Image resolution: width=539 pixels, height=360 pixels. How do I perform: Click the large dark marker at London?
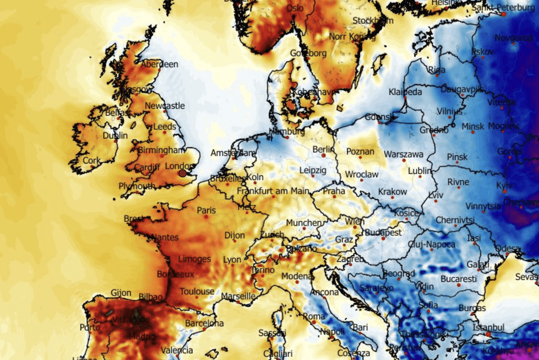point(182,173)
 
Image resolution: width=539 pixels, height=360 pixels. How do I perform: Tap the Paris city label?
point(206,210)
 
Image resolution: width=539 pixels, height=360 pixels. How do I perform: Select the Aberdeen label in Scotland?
point(159,64)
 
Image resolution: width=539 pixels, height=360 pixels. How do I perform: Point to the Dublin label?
point(115,135)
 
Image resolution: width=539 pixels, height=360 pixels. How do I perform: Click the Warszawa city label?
point(403,155)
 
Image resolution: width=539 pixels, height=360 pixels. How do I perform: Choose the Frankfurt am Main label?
point(273,191)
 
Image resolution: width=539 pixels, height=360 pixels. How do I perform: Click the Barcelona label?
point(204,323)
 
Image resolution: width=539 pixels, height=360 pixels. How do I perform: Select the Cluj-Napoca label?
point(432,245)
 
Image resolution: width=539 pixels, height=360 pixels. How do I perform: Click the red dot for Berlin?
point(323,156)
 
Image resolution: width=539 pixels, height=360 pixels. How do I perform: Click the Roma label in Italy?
point(314,316)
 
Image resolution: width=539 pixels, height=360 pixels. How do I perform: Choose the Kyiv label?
point(504,186)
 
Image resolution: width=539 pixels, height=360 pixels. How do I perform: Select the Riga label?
point(437,70)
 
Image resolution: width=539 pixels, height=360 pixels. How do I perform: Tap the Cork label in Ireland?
point(92,160)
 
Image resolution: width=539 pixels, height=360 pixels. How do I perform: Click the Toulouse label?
point(197,291)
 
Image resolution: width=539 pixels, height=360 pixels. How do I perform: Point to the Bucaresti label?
point(458,279)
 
